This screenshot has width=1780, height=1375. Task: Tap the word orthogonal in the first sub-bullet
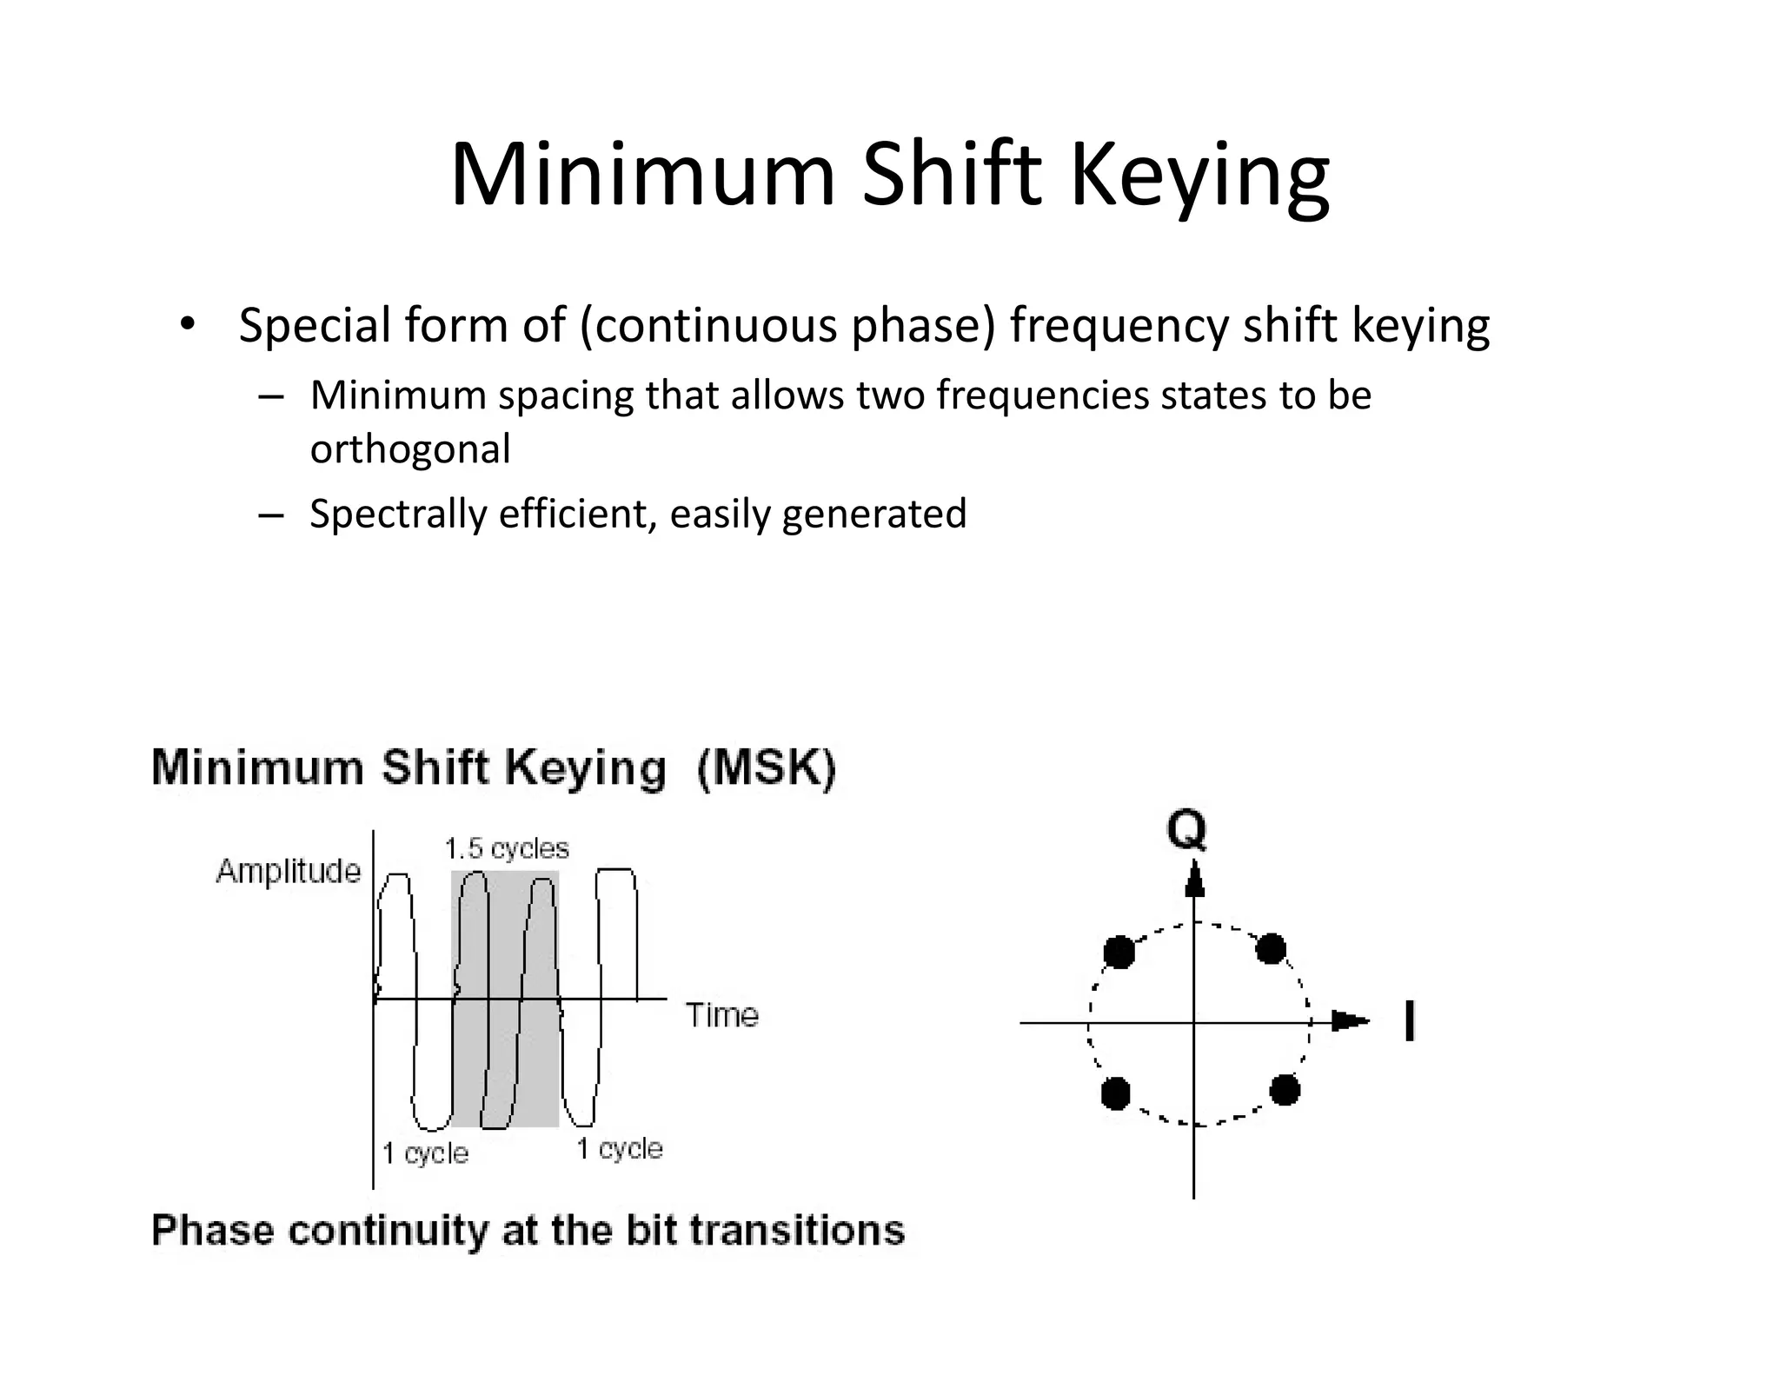point(410,449)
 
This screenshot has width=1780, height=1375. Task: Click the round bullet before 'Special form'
point(185,324)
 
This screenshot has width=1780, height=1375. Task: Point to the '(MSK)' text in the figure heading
point(766,769)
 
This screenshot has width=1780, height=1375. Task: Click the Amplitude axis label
point(288,871)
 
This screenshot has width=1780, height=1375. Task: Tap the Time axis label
point(722,1014)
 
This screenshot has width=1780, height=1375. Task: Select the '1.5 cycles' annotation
point(507,848)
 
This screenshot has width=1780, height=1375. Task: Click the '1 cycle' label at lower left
point(425,1153)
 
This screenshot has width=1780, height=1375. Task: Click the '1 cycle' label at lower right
point(620,1149)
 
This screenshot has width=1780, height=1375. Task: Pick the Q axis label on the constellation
point(1186,829)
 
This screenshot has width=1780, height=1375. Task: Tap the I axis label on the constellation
point(1409,1020)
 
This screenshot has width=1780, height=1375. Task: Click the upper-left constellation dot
point(1119,952)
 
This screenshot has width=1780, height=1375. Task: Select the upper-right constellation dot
point(1271,948)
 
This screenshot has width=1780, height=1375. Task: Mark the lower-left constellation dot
point(1115,1093)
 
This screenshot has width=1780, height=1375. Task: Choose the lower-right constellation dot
point(1285,1089)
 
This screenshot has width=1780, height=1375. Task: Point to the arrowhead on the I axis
point(1350,1021)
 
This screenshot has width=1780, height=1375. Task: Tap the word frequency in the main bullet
point(1119,325)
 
